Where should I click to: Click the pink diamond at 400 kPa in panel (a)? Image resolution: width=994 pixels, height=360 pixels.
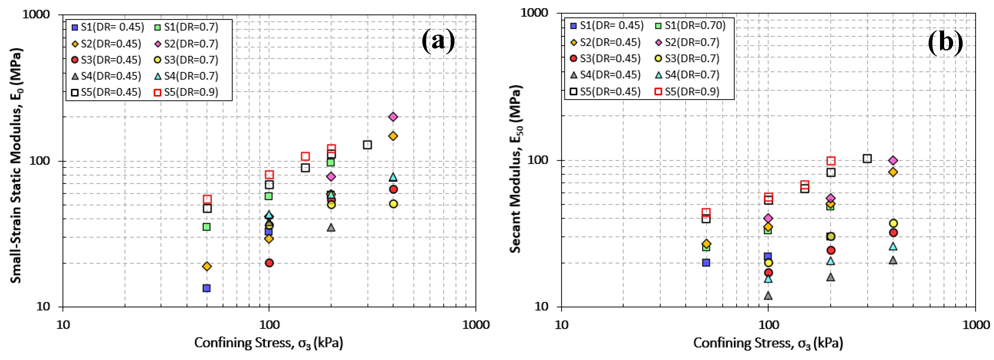pyautogui.click(x=393, y=117)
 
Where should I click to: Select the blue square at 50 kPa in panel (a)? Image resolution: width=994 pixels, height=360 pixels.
pyautogui.click(x=207, y=288)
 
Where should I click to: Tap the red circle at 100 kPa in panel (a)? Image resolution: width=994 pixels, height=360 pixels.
pyautogui.click(x=269, y=263)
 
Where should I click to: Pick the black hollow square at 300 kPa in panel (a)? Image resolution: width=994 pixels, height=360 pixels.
pyautogui.click(x=367, y=145)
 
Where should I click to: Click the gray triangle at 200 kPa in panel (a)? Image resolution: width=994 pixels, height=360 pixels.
pyautogui.click(x=331, y=228)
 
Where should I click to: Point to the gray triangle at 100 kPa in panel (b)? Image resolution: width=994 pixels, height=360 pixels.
pyautogui.click(x=768, y=296)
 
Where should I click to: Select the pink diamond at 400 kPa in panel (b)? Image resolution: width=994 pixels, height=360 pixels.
pyautogui.click(x=893, y=161)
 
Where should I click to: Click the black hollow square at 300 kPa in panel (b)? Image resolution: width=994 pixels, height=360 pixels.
pyautogui.click(x=867, y=159)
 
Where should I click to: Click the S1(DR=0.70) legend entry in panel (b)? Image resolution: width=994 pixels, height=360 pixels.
pyautogui.click(x=691, y=25)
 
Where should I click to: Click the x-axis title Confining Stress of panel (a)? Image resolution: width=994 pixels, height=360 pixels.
pyautogui.click(x=269, y=343)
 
